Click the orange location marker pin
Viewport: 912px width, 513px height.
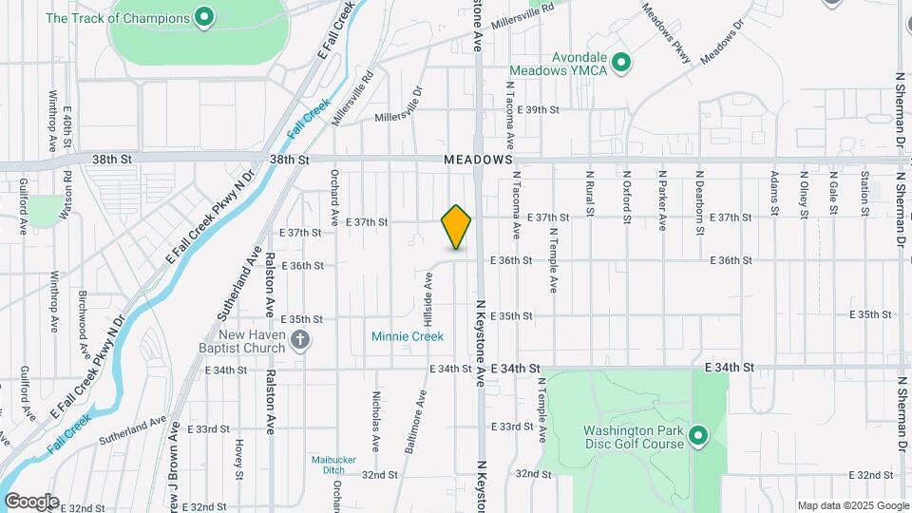click(x=457, y=226)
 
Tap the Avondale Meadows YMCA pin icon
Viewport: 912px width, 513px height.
click(x=621, y=63)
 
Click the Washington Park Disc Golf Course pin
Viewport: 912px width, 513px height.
click(x=698, y=436)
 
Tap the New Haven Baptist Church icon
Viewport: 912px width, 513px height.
click(x=300, y=341)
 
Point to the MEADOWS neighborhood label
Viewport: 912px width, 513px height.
click(x=479, y=161)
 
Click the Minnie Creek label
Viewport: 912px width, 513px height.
click(x=408, y=336)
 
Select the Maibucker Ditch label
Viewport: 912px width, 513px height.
click(x=332, y=465)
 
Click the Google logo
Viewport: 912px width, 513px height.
click(x=31, y=501)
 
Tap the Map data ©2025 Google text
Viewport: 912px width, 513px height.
click(x=851, y=505)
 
